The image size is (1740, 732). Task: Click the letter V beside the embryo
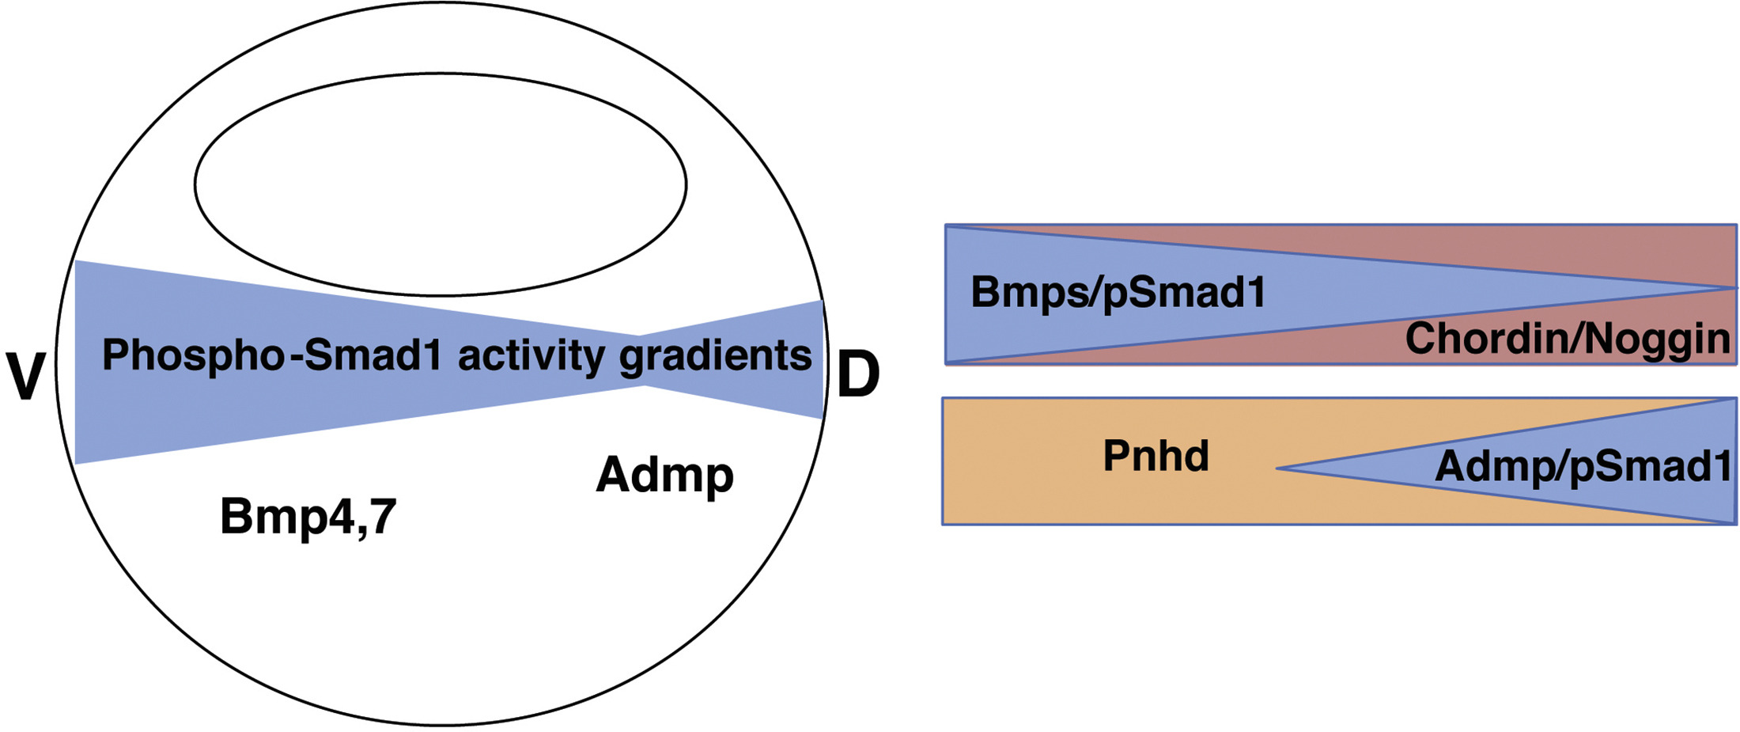click(x=25, y=376)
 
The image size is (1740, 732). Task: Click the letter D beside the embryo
click(x=858, y=375)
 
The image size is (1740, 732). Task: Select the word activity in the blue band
click(x=531, y=355)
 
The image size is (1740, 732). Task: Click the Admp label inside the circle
click(x=664, y=475)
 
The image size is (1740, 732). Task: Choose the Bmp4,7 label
click(x=308, y=517)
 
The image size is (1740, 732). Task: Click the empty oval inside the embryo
click(x=441, y=185)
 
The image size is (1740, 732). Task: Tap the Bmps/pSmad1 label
click(x=1118, y=292)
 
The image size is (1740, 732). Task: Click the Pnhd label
click(x=1156, y=456)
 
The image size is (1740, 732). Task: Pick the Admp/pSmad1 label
click(x=1583, y=466)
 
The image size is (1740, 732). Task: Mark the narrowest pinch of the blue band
click(x=642, y=361)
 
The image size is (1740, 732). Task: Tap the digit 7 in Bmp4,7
click(x=382, y=517)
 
